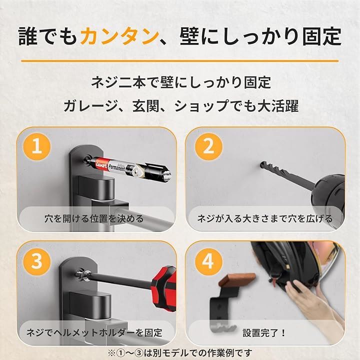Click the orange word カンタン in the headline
click(120, 36)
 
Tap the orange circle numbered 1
click(37, 146)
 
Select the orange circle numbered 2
click(208, 146)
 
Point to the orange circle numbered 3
click(37, 261)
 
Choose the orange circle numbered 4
click(208, 261)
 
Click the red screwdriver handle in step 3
click(165, 289)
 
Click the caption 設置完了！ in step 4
click(264, 332)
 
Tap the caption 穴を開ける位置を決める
click(94, 218)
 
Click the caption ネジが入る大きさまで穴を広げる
click(265, 218)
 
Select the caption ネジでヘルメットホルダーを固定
click(94, 332)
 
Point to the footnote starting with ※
click(180, 353)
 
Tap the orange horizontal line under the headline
click(180, 61)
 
